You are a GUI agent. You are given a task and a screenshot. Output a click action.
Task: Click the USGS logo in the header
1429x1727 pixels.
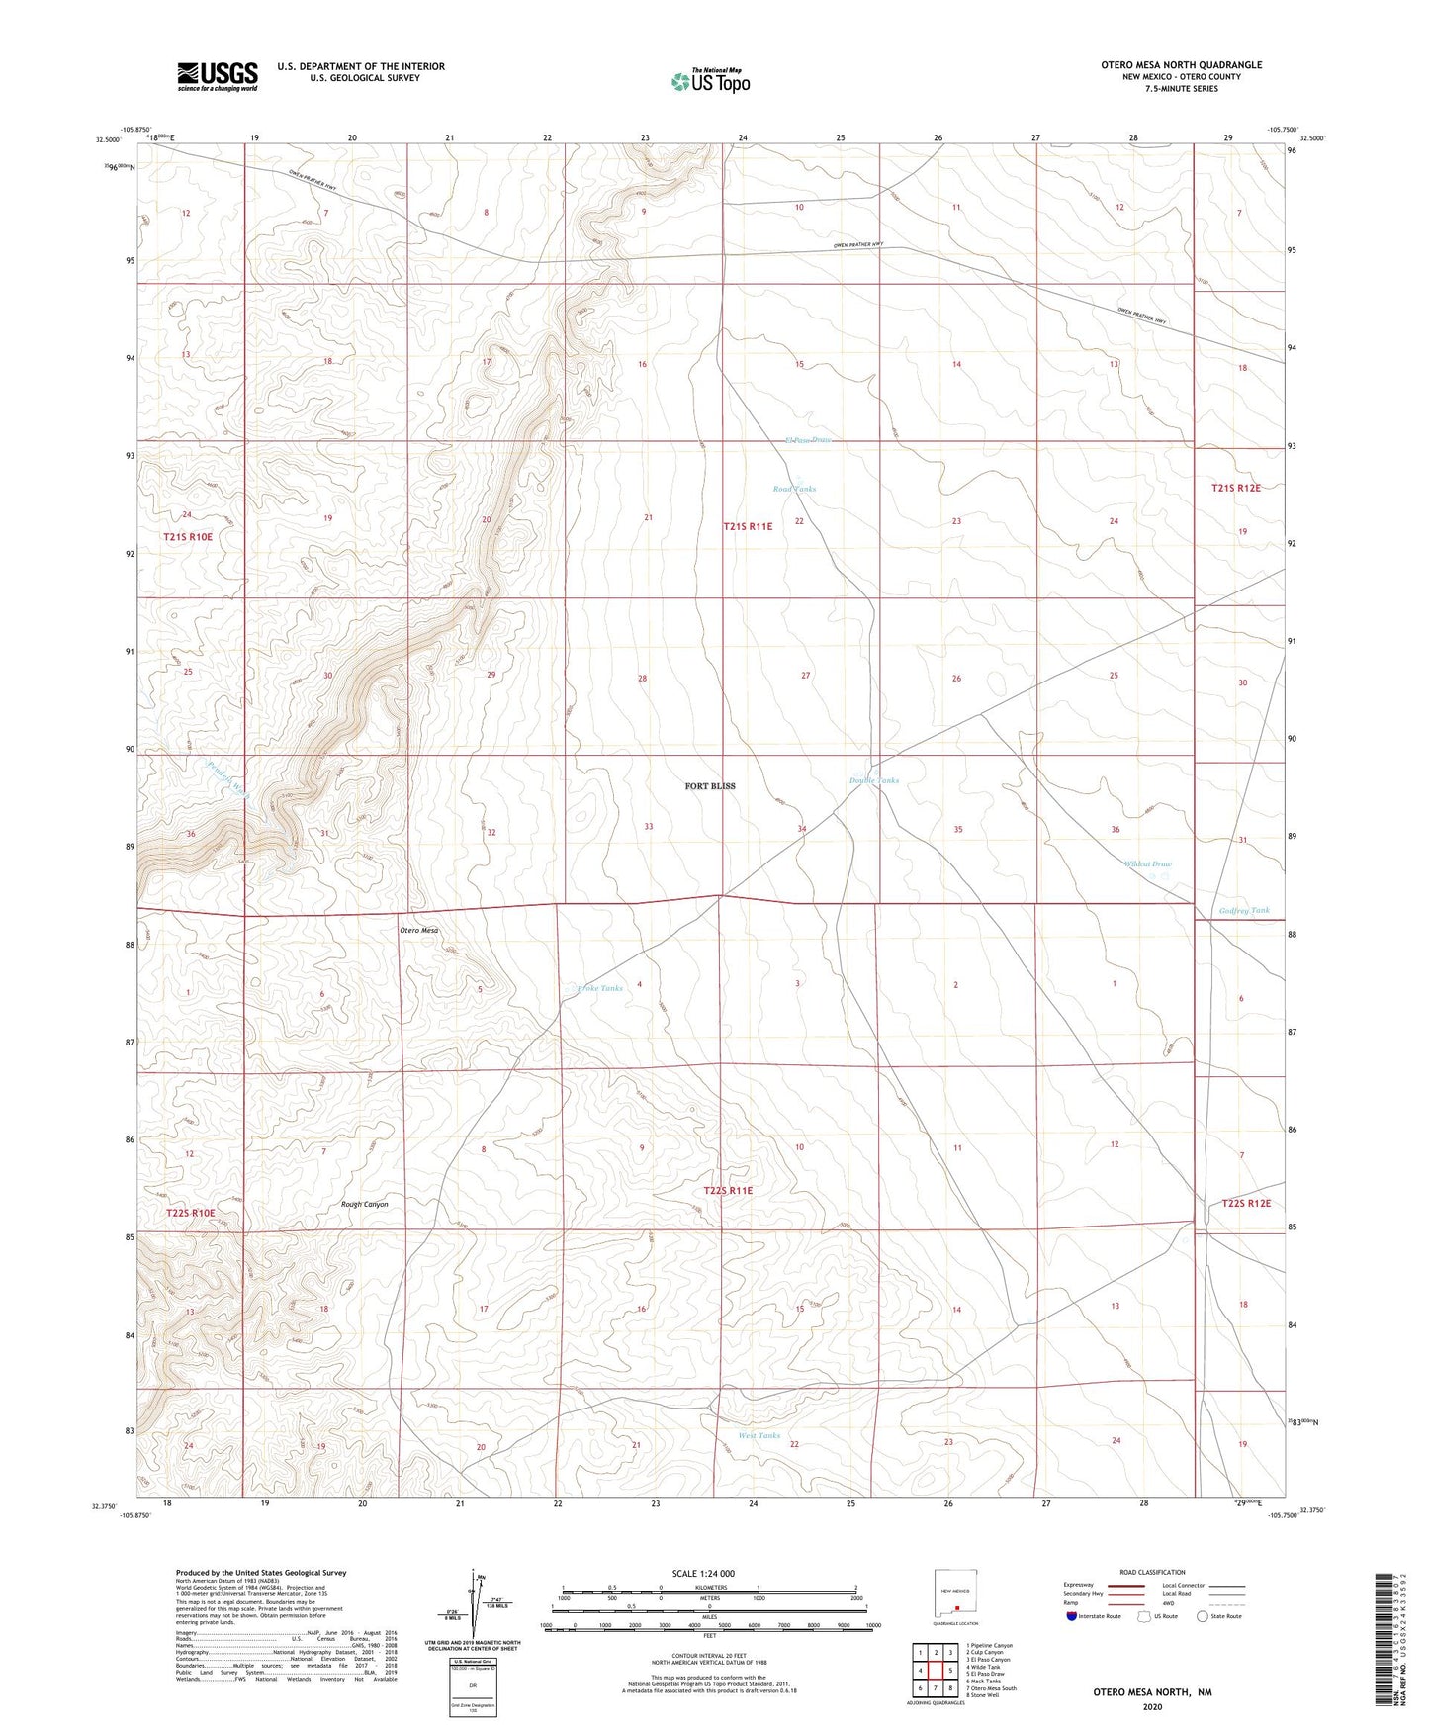click(x=218, y=76)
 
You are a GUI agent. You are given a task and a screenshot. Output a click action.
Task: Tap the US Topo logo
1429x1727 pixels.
click(x=710, y=81)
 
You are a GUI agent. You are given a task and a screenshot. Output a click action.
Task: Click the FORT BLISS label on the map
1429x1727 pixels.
click(x=710, y=786)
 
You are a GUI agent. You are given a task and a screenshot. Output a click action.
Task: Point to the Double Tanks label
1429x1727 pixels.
click(x=874, y=780)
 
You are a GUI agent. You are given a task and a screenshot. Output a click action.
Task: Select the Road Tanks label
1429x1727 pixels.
click(x=794, y=489)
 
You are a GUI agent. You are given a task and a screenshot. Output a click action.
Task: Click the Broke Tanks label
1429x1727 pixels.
click(x=600, y=988)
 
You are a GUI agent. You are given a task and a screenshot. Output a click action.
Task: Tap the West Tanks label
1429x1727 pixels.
click(x=759, y=1435)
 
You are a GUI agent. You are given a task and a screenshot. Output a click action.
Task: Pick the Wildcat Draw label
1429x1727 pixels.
click(x=1148, y=863)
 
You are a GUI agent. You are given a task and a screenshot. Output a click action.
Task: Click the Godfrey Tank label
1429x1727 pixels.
click(x=1244, y=910)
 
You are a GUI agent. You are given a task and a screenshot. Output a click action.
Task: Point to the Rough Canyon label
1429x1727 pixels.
click(x=364, y=1204)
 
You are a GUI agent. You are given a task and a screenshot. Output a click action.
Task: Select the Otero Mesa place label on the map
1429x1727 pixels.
click(x=418, y=931)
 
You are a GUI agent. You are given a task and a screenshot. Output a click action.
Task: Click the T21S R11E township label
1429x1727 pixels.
click(x=748, y=527)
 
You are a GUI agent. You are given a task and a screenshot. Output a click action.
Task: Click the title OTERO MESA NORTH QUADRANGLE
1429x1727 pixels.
click(x=1181, y=65)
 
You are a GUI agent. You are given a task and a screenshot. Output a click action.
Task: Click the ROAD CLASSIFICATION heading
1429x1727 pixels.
click(x=1152, y=1572)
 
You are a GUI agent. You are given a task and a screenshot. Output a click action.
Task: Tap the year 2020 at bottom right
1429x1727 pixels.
click(x=1152, y=1706)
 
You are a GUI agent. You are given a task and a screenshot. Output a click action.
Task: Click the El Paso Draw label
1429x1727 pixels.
click(x=807, y=440)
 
